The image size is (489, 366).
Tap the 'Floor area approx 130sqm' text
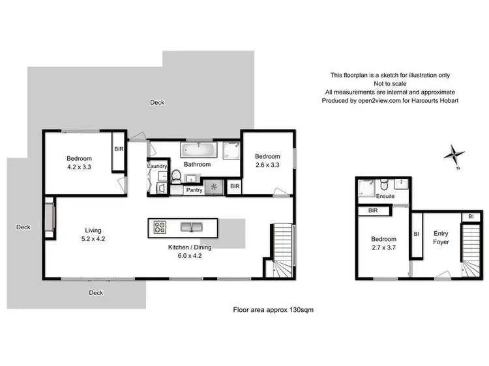[274, 311]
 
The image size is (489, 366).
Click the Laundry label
[158, 167]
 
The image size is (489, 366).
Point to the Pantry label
[194, 190]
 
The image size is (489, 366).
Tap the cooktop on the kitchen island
[160, 227]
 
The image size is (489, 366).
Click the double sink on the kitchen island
[192, 227]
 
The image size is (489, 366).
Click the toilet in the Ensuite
[385, 182]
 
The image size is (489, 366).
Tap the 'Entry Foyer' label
[441, 238]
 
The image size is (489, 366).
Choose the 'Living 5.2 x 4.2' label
[93, 234]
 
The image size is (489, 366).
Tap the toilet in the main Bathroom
[175, 176]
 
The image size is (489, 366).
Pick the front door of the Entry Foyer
[445, 275]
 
